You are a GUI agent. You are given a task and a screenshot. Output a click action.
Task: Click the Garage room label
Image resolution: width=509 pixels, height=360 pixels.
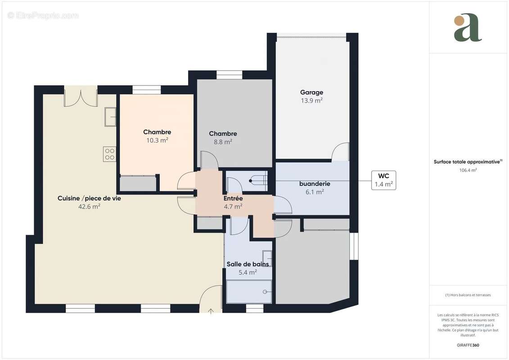(311, 93)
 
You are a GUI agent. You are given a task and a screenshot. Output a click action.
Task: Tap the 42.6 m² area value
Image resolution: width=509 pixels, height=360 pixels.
(89, 207)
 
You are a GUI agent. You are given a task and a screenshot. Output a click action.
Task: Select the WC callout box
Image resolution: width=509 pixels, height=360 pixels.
(383, 180)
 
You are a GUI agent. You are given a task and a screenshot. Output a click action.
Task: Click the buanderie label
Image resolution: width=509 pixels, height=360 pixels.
(315, 184)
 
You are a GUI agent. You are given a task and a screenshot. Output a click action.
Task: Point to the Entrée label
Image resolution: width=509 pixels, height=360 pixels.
(233, 198)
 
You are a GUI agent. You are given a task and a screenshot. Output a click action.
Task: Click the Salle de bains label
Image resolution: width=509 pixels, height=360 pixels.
(248, 264)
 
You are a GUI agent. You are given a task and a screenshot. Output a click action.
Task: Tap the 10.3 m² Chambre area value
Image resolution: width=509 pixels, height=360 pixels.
(157, 140)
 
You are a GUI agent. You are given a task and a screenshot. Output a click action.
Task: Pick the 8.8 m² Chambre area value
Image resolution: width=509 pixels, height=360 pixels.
(223, 142)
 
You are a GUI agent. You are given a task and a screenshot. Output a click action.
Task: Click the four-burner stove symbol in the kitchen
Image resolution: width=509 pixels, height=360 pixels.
(110, 154)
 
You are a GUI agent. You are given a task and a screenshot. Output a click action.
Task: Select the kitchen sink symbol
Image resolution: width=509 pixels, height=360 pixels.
(110, 117)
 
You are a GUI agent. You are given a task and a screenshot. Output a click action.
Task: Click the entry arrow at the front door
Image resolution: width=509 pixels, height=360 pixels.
(211, 311)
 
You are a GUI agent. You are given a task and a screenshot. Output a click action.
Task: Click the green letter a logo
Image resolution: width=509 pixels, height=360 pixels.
(468, 27)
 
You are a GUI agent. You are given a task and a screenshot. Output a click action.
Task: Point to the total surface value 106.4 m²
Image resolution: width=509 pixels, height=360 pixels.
(468, 170)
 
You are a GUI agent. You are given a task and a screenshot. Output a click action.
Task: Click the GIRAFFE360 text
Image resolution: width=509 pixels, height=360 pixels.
(468, 345)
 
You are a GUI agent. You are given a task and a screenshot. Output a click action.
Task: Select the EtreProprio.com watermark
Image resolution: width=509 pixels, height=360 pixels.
(43, 15)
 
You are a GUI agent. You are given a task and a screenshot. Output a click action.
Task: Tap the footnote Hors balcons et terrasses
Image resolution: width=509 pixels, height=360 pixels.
(468, 295)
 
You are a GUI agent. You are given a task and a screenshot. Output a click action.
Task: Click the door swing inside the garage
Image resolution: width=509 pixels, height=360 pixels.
(340, 152)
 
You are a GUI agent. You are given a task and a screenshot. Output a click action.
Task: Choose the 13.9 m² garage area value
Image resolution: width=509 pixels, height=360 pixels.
(311, 101)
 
